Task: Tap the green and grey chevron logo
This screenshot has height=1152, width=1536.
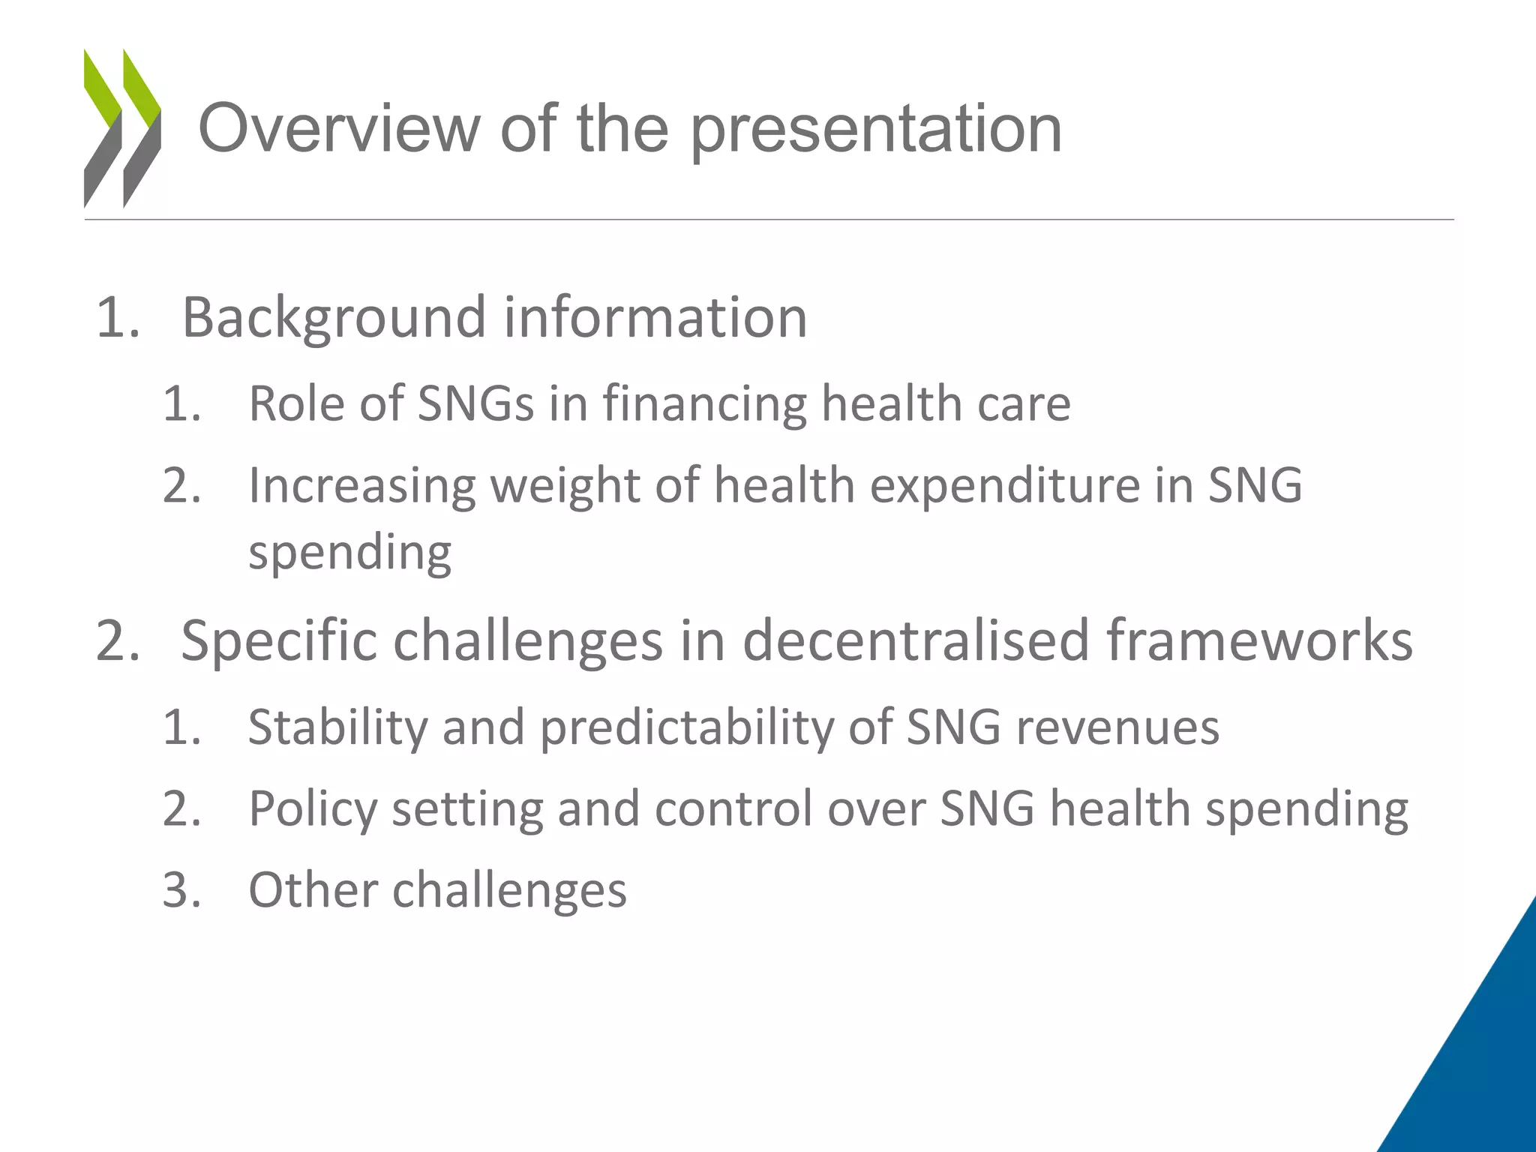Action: [122, 127]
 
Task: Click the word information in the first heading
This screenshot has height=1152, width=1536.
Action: [655, 316]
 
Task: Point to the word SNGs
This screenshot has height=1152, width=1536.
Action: [475, 403]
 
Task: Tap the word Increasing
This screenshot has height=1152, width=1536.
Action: [362, 486]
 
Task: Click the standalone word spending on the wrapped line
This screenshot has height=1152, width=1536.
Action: [350, 553]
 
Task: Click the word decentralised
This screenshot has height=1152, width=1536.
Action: [916, 640]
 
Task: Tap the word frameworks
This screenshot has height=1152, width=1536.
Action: [1260, 640]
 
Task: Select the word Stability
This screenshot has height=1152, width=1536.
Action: [337, 727]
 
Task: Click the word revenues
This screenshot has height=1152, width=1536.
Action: [1117, 727]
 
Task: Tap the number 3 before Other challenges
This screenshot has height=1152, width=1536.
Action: [180, 890]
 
